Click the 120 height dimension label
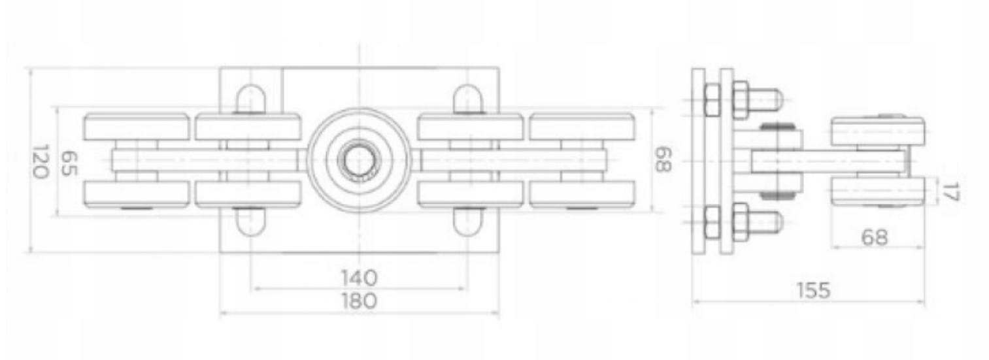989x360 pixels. click(x=40, y=161)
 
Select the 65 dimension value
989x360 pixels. click(x=69, y=161)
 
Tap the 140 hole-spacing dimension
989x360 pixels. click(x=358, y=278)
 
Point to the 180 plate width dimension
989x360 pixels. click(x=358, y=301)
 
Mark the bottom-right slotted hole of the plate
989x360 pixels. click(x=467, y=221)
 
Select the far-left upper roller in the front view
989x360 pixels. click(x=137, y=127)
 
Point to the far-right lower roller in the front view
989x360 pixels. click(x=582, y=194)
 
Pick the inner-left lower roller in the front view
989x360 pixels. click(x=248, y=194)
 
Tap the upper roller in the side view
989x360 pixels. click(x=877, y=131)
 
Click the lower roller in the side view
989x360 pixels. click(x=877, y=191)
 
